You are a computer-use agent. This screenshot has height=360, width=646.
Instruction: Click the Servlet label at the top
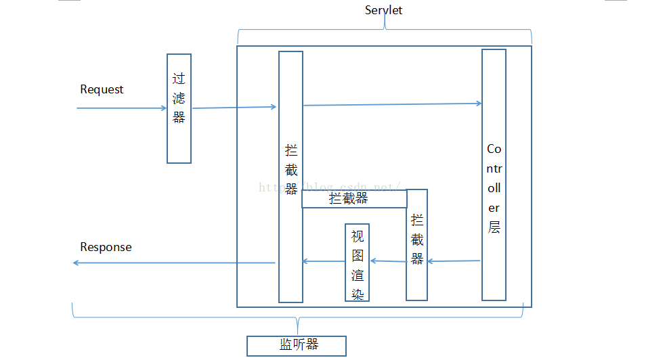pos(383,9)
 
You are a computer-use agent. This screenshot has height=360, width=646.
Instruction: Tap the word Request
pos(102,89)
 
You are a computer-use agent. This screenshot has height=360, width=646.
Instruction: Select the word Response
pos(106,247)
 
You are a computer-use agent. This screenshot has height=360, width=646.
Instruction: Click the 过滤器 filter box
pos(179,108)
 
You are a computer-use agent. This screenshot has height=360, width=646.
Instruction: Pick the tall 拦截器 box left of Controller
pos(290,176)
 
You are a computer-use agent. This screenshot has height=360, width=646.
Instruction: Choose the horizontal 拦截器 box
pos(353,199)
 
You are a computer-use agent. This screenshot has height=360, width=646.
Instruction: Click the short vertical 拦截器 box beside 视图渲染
pos(416,245)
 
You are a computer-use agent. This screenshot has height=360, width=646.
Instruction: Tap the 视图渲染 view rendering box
pos(357,263)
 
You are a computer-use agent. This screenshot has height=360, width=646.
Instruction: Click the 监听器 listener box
pos(297,346)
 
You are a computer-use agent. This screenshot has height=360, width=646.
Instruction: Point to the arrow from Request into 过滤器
pos(122,108)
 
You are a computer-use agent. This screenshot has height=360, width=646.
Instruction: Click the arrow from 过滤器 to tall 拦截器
pos(234,107)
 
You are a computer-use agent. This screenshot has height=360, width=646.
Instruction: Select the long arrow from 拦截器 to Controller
pos(393,104)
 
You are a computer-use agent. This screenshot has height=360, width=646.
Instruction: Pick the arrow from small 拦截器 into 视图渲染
pos(387,261)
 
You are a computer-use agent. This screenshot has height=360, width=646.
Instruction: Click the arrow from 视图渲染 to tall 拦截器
pos(324,262)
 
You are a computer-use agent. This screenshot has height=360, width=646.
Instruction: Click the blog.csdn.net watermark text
pos(332,186)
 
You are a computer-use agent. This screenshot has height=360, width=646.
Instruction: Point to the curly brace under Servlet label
pos(385,30)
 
